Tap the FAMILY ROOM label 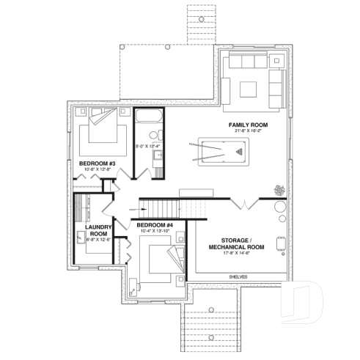point(247,125)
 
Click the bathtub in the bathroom point(149,117)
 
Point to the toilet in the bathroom point(153,135)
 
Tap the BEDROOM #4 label point(154,224)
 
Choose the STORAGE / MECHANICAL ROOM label point(237,244)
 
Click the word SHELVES point(238,276)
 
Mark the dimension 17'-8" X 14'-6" point(237,254)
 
